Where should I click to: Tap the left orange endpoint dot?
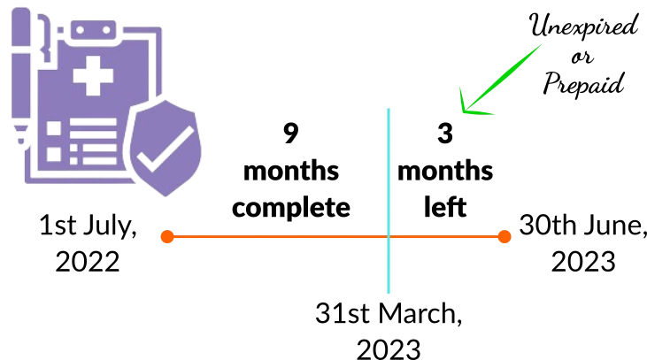(166, 236)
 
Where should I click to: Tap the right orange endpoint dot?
(504, 236)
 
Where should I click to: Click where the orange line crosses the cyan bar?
(389, 236)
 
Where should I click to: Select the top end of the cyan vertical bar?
(389, 109)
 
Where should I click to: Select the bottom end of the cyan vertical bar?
(389, 294)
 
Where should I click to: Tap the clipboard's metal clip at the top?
(92, 30)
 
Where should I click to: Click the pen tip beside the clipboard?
(20, 140)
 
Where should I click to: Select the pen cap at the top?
(20, 22)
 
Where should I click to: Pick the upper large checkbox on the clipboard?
(54, 128)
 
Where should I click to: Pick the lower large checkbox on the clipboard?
(54, 153)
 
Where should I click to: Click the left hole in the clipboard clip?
(80, 30)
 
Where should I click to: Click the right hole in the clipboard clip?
(105, 30)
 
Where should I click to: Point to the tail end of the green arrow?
(541, 45)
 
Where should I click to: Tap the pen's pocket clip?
(41, 35)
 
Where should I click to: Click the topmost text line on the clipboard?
(93, 122)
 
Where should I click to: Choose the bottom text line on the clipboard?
(93, 160)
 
